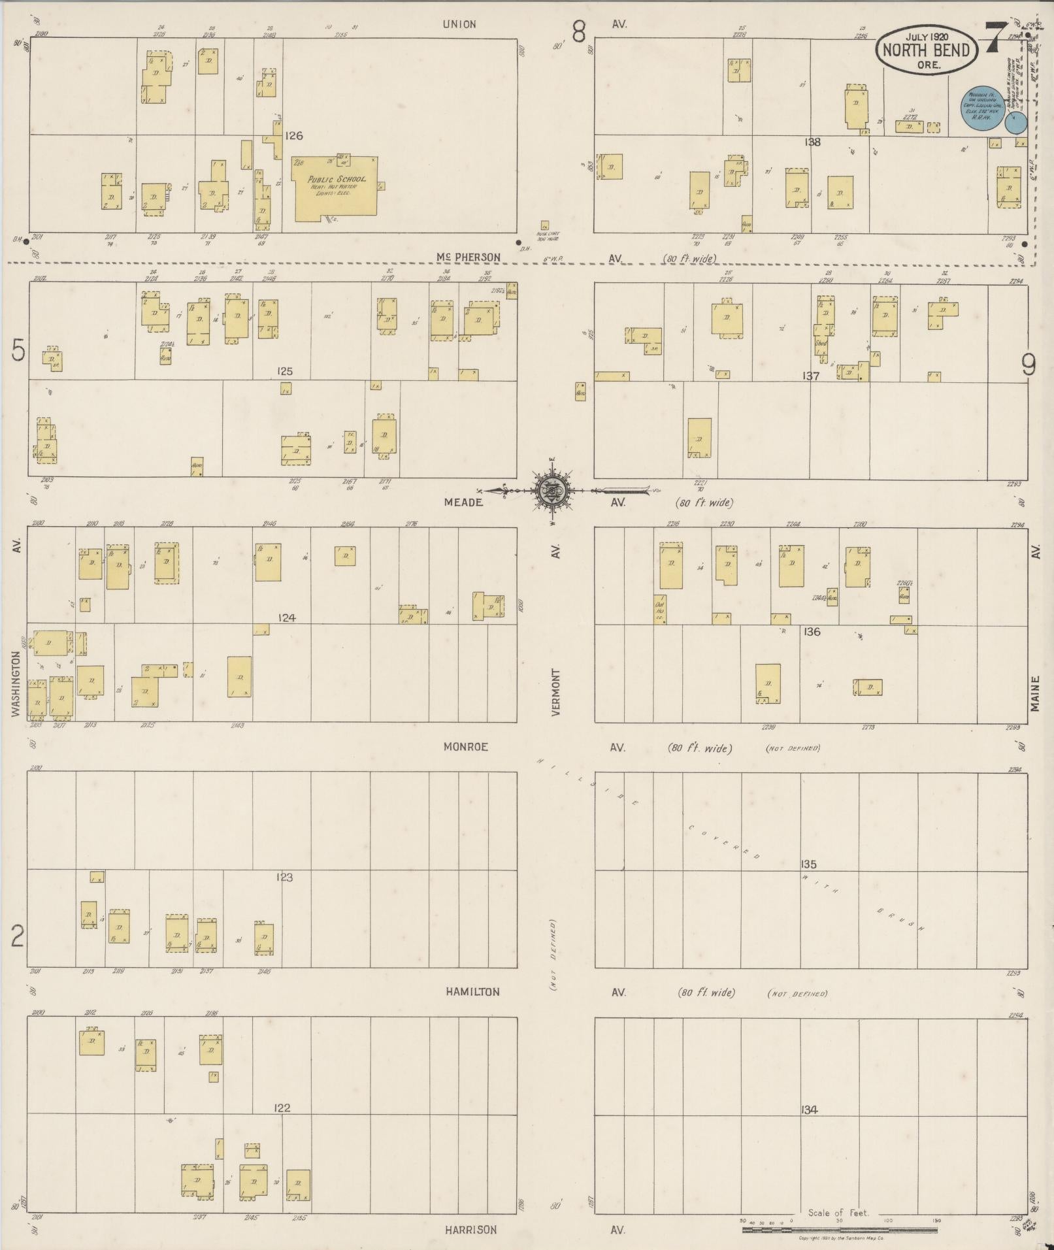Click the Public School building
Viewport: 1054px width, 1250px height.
coord(335,188)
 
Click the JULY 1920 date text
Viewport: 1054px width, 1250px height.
coord(927,37)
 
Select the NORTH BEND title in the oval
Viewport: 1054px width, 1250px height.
coord(927,50)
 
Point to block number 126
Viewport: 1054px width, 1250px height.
coord(293,136)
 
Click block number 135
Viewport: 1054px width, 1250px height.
coord(809,864)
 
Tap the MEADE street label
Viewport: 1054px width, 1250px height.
coord(463,502)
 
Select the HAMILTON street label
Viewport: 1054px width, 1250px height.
coord(472,992)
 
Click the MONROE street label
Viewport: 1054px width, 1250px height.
coord(466,747)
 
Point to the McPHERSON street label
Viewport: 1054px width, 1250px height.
coord(468,257)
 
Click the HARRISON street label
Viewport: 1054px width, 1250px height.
coord(470,1230)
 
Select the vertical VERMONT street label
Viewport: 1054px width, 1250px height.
coord(556,692)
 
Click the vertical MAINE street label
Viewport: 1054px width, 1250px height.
coord(1035,693)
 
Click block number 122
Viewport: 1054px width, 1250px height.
coord(282,1108)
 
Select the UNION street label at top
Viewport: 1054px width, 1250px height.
coord(459,24)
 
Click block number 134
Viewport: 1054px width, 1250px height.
coord(809,1109)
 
